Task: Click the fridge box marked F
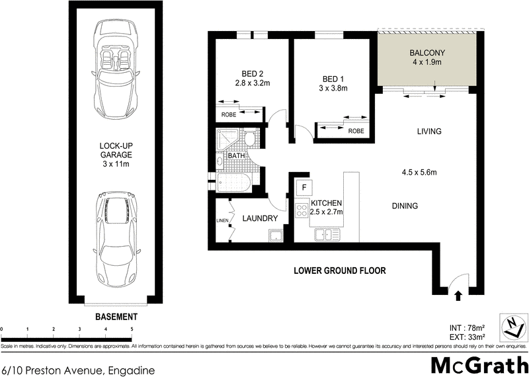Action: (x=304, y=188)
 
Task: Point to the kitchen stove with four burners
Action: (x=302, y=210)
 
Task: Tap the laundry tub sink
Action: (x=276, y=235)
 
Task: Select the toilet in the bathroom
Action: (x=250, y=140)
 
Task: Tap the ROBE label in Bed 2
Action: (x=229, y=114)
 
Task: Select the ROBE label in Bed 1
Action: (x=356, y=131)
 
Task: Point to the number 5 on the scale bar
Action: (x=132, y=328)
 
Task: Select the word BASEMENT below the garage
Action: (x=116, y=316)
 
